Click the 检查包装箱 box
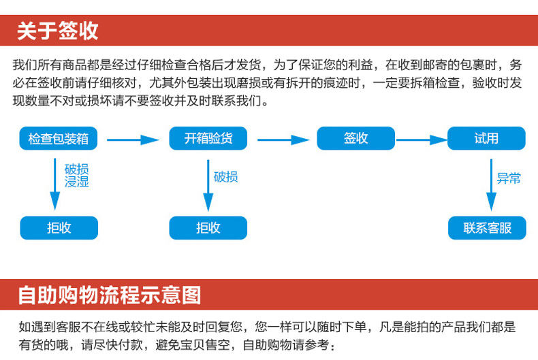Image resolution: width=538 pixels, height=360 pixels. tap(59, 139)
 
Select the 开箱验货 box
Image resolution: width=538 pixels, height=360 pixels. tap(208, 139)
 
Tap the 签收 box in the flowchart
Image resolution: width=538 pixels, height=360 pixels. tap(355, 139)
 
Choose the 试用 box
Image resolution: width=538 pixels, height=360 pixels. tap(486, 139)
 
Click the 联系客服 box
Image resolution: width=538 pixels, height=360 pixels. tap(487, 228)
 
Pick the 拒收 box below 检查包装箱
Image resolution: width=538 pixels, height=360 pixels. tap(59, 228)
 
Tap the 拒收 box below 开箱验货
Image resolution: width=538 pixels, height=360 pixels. tap(208, 228)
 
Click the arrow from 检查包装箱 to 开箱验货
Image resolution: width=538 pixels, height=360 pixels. tap(133, 140)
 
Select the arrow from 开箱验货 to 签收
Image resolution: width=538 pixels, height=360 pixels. tap(282, 140)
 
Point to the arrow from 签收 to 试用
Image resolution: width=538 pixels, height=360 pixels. tap(421, 140)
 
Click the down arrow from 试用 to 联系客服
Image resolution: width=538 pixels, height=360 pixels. tap(490, 184)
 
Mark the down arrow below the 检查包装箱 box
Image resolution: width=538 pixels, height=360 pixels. tap(55, 184)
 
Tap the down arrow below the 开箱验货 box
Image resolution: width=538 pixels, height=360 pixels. tap(208, 184)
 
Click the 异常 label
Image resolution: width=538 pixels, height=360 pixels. tap(509, 179)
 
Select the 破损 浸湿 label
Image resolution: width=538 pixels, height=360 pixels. tap(77, 175)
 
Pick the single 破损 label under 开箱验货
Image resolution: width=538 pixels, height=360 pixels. tap(226, 178)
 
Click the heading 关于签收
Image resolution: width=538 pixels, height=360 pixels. tap(58, 31)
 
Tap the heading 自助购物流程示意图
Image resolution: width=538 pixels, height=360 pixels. tap(109, 295)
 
